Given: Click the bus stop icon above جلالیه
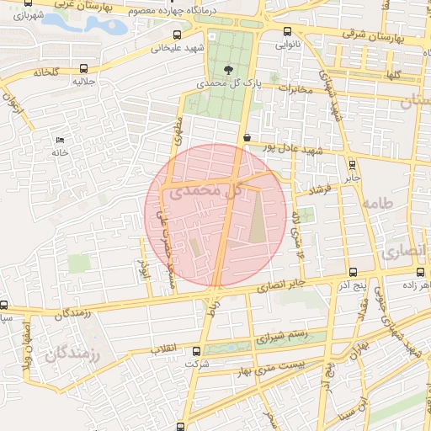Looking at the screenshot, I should (x=82, y=69).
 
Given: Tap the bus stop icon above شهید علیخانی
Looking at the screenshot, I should (x=176, y=35).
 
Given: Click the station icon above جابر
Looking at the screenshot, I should (x=351, y=165).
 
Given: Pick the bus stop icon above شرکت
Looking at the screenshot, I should (x=196, y=351).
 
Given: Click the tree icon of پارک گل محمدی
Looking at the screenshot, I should (x=227, y=69).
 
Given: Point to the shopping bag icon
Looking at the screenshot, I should (x=246, y=137).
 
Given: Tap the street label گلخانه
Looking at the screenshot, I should (x=46, y=73).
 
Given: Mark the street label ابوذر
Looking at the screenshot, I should (x=142, y=269).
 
